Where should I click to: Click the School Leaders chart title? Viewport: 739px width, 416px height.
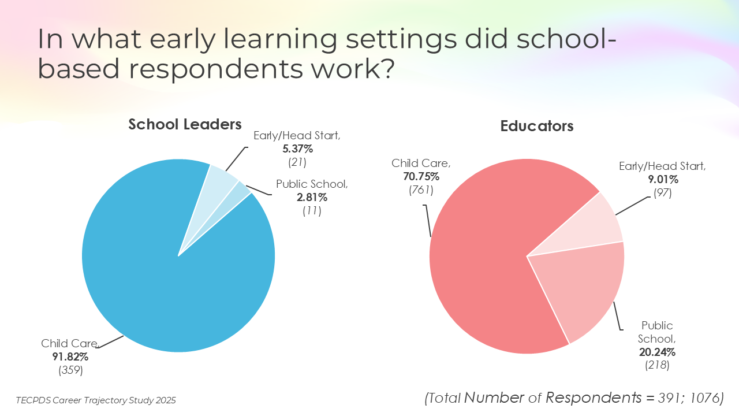[185, 124]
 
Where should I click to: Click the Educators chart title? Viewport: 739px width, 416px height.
[537, 126]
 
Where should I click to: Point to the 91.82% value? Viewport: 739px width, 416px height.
[70, 357]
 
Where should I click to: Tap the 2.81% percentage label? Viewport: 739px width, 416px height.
[312, 198]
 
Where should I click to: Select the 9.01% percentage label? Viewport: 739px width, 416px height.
[663, 180]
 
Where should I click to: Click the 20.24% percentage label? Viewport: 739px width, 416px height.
[657, 352]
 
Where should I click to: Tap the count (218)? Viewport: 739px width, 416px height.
[657, 365]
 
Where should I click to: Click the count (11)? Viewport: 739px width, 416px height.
[312, 211]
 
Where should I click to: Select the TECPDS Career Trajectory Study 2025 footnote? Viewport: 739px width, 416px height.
[96, 400]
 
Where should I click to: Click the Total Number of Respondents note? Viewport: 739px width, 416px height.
[574, 398]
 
